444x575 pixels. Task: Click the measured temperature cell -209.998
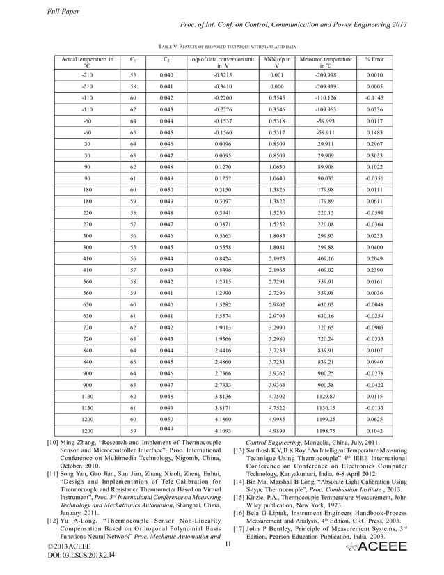coord(326,74)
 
